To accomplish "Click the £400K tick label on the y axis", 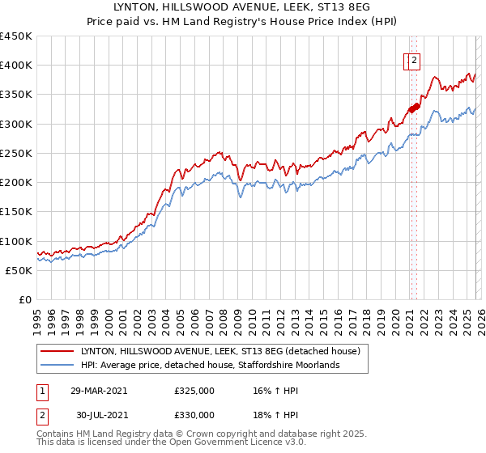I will (x=16, y=66).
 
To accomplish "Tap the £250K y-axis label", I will (x=16, y=153).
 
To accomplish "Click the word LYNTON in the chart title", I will (x=143, y=7).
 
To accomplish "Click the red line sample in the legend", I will (x=58, y=350).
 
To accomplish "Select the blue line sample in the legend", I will (x=58, y=365).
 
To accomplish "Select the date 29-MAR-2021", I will (x=98, y=390).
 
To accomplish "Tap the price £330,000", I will (x=194, y=415).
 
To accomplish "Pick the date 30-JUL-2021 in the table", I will (x=99, y=415).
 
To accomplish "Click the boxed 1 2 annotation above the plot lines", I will (x=412, y=59).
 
